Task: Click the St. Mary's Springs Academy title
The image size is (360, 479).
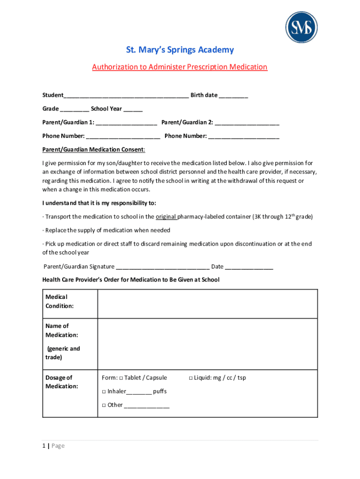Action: (180, 50)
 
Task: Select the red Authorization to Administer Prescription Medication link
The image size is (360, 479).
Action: (180, 67)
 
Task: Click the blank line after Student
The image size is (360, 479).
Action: (126, 96)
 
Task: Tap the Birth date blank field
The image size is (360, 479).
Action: (233, 96)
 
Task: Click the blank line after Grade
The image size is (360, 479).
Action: (74, 109)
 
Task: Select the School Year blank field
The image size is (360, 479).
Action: (133, 109)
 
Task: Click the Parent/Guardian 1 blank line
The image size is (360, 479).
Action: (126, 123)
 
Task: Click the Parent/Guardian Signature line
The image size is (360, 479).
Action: (162, 267)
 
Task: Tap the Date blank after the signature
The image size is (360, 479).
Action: (249, 267)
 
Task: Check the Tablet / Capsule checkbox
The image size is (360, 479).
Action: (121, 378)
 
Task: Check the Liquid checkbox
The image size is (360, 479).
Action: (191, 378)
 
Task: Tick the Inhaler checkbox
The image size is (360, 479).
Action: (104, 392)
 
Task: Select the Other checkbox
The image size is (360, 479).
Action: (104, 405)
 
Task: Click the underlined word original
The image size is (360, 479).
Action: (166, 217)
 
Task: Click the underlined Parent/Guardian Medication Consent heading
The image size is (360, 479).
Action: (94, 150)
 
